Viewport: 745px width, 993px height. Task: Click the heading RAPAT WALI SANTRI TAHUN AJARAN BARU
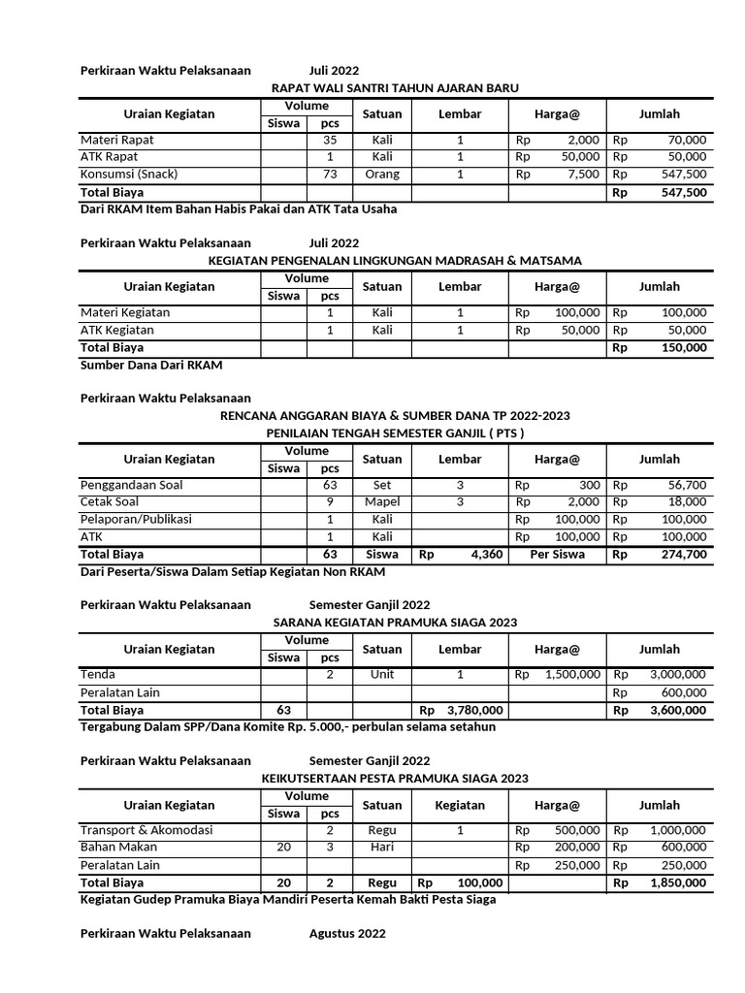coord(395,88)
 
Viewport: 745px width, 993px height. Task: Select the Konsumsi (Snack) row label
coord(129,175)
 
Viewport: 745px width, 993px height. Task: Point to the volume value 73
coord(330,175)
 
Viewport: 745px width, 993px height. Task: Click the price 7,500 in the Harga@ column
coord(582,175)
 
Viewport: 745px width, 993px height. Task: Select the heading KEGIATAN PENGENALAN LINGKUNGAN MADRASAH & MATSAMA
coord(395,261)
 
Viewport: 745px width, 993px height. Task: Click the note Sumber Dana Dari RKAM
coord(151,365)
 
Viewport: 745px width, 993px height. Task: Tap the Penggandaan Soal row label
coord(131,485)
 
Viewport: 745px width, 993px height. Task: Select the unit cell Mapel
coord(382,502)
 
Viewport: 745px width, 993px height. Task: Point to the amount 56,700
coord(687,485)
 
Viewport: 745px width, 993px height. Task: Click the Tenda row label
coord(98,675)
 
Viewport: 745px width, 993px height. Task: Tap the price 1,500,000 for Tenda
coord(572,675)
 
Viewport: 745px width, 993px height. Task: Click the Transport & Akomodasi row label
coord(146,830)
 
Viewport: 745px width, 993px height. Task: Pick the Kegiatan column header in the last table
coord(460,805)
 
